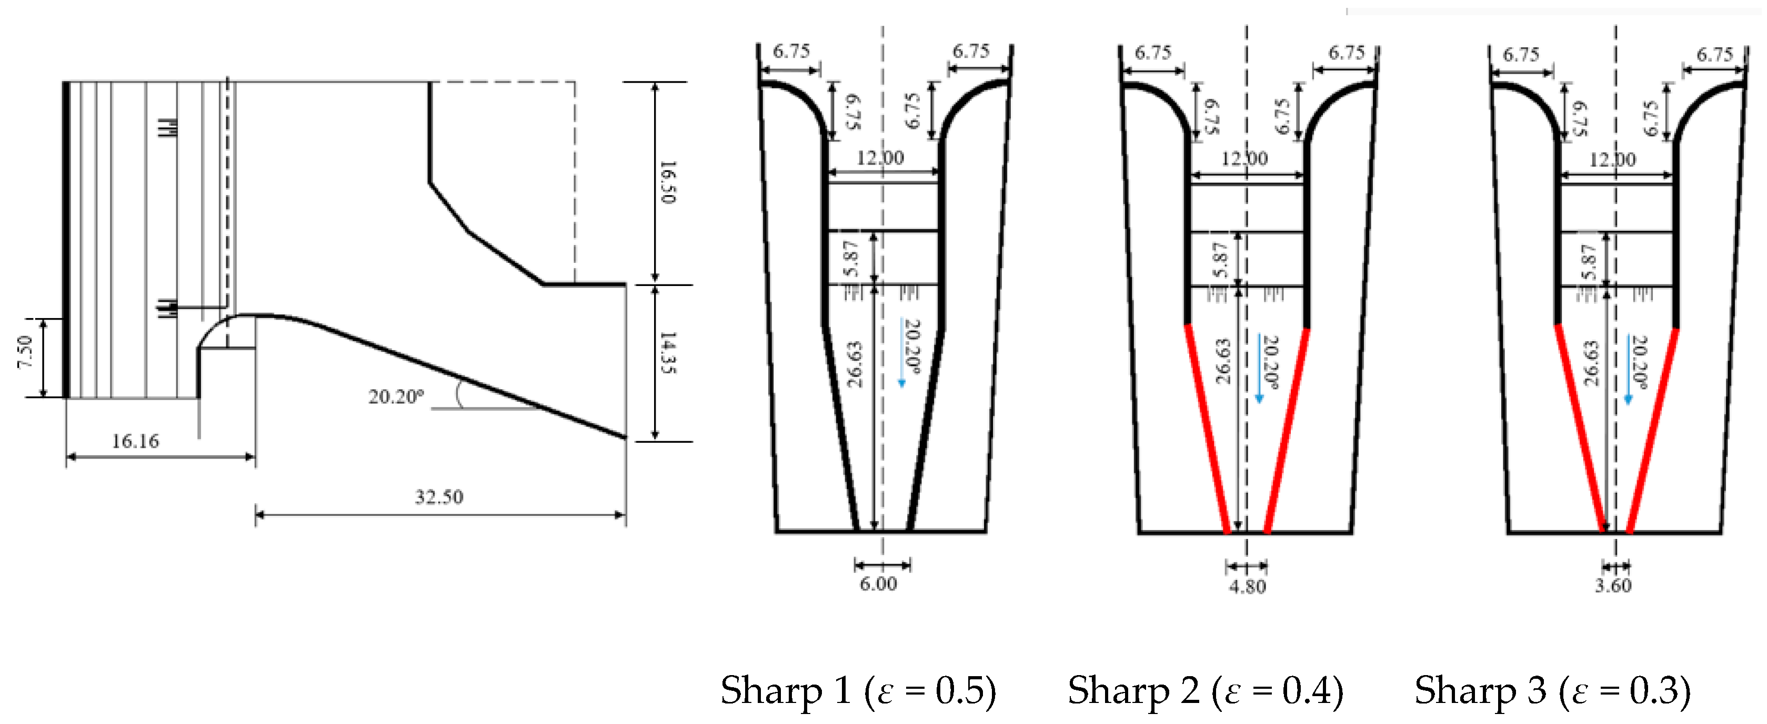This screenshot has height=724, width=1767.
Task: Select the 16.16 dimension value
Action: [x=135, y=441]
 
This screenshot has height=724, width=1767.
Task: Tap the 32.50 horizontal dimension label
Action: [x=439, y=496]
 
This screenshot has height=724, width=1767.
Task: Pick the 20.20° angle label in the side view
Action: [x=396, y=396]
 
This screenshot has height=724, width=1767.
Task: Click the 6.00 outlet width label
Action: [x=878, y=584]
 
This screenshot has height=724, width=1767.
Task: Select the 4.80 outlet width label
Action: [x=1247, y=586]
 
